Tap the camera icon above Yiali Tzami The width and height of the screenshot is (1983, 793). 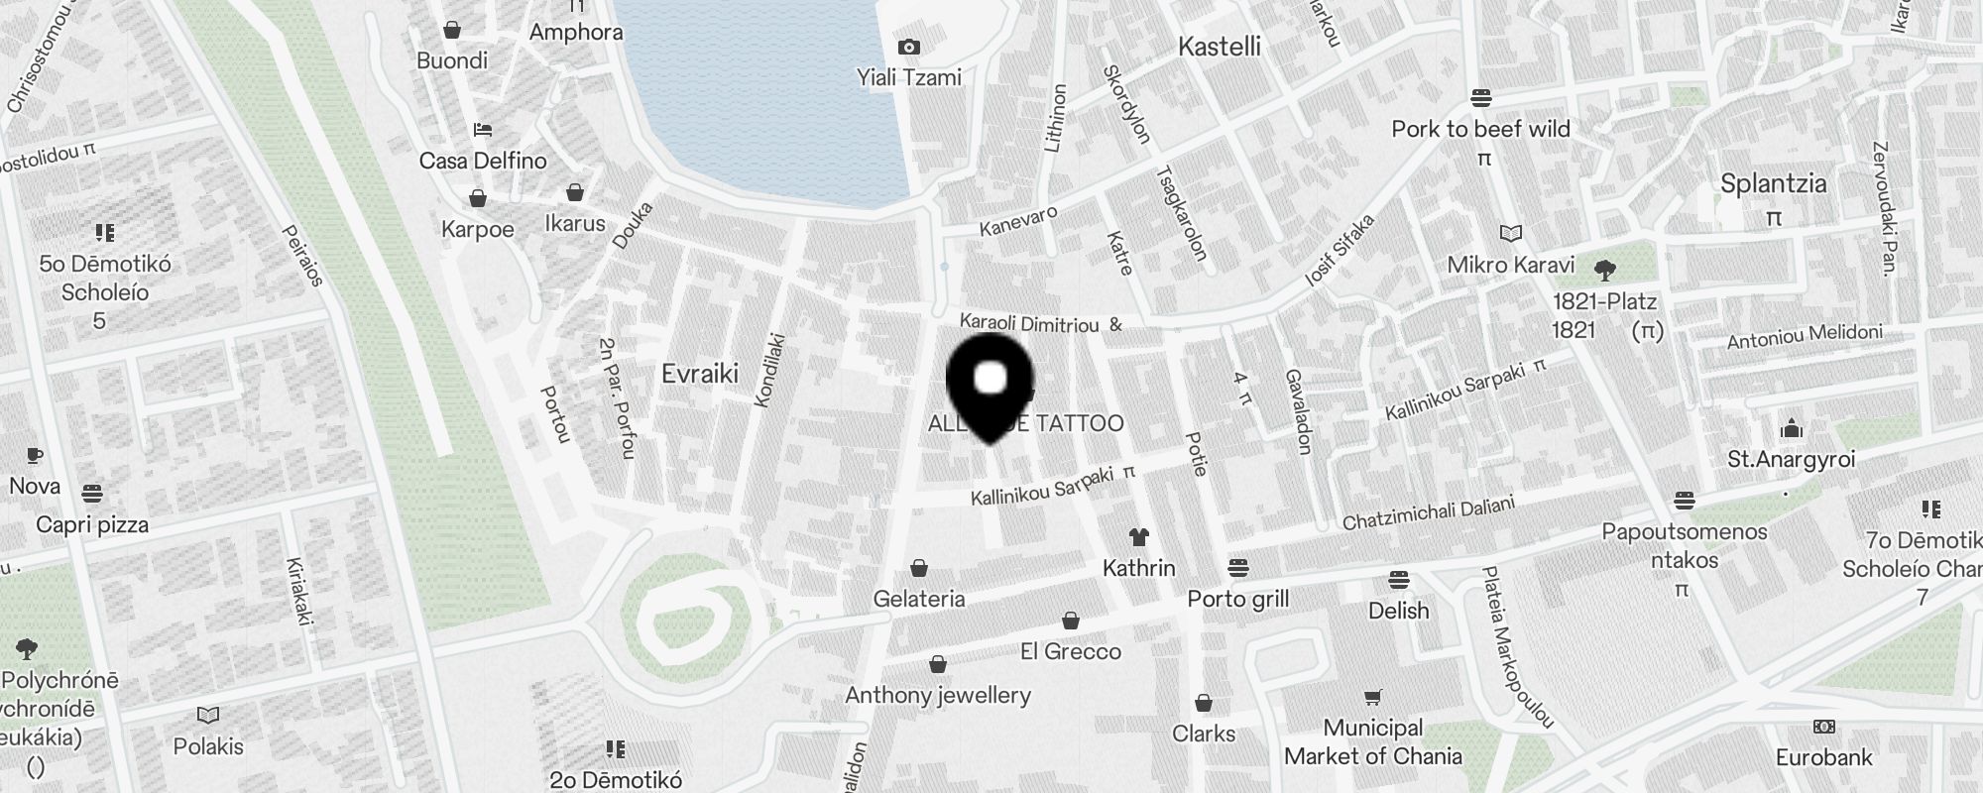point(908,47)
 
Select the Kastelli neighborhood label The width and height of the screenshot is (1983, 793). point(1220,47)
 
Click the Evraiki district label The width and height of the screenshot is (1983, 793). point(700,374)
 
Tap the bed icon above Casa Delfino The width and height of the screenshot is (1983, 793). point(483,130)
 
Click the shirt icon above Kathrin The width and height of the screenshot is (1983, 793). point(1139,537)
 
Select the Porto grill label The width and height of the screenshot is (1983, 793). point(1238,599)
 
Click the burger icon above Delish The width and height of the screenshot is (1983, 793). point(1399,579)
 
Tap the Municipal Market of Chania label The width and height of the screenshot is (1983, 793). point(1373,742)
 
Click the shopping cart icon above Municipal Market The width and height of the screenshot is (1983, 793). point(1373,698)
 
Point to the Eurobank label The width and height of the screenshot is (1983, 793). point(1824,757)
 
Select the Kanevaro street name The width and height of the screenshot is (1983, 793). point(1018,221)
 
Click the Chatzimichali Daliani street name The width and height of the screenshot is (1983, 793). point(1429,513)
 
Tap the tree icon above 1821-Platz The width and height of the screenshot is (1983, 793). point(1604,270)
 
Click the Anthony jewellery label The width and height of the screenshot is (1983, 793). point(938,695)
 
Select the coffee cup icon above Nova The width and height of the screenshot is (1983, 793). point(35,456)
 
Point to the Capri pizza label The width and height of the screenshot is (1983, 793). point(92,524)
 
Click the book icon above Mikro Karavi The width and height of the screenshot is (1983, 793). point(1511,234)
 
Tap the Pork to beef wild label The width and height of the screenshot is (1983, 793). point(1481,129)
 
